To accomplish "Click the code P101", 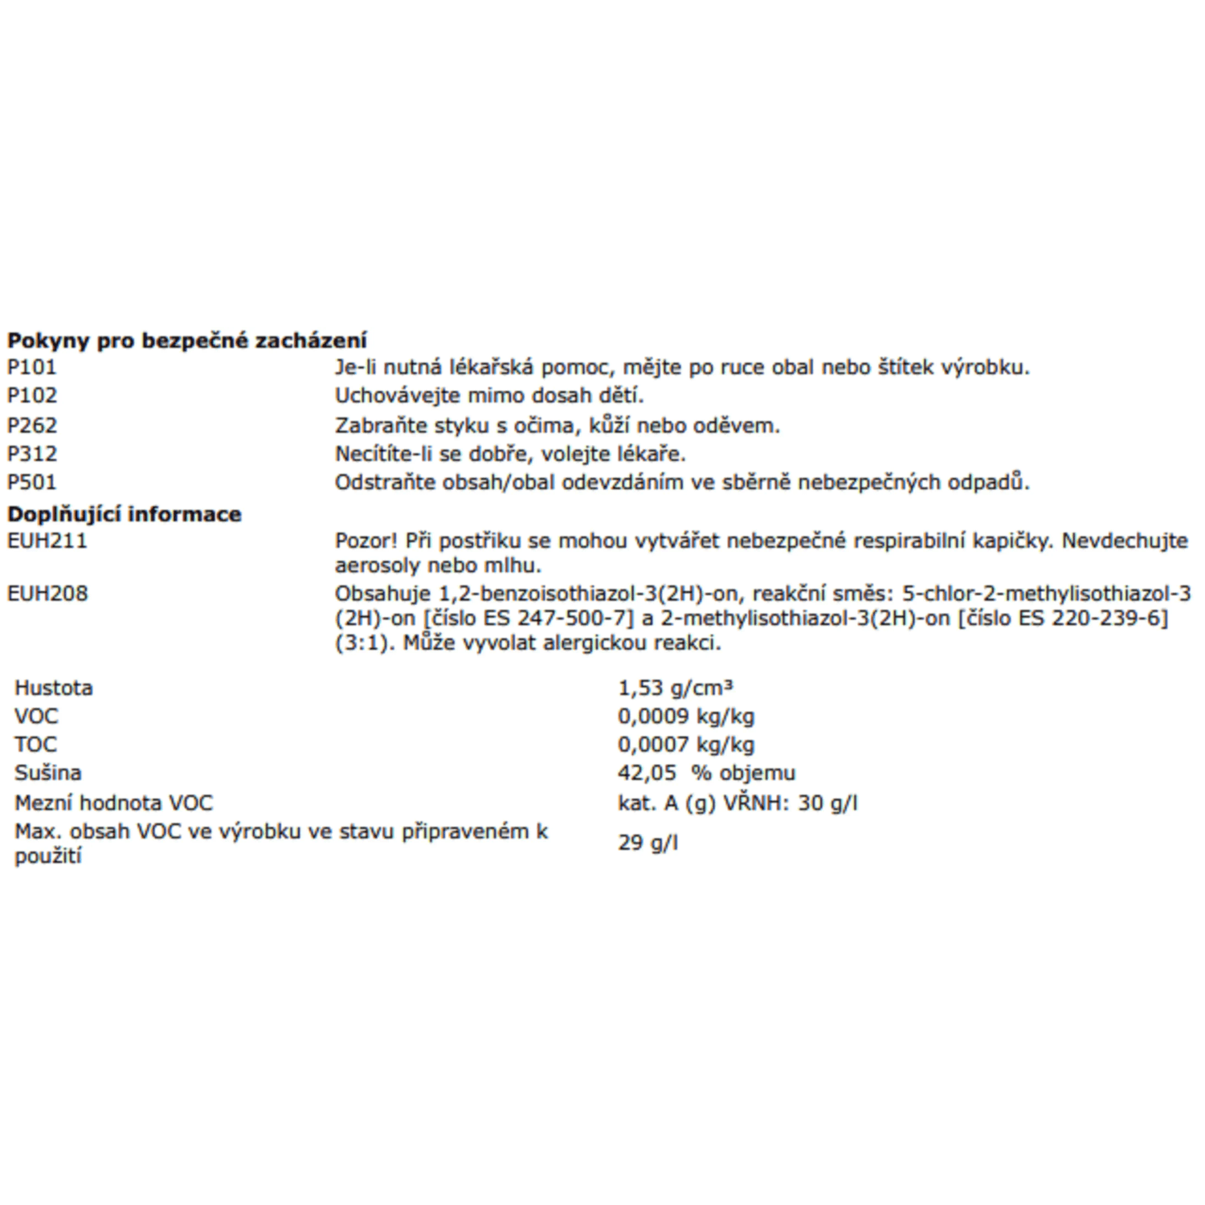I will pyautogui.click(x=32, y=367).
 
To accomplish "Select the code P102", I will pyautogui.click(x=32, y=395).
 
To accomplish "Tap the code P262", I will pyautogui.click(x=32, y=425).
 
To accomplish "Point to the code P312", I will pyautogui.click(x=32, y=454).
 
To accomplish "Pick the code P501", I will pyautogui.click(x=32, y=482).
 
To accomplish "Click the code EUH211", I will pyautogui.click(x=47, y=541).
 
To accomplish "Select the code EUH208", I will pyautogui.click(x=47, y=594).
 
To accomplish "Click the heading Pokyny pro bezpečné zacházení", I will pyautogui.click(x=186, y=341).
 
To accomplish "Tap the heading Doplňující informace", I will pyautogui.click(x=125, y=514).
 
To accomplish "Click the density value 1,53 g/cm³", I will pyautogui.click(x=675, y=688).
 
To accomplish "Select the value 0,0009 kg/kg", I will pyautogui.click(x=685, y=716).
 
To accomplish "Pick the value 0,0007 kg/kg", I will pyautogui.click(x=685, y=744).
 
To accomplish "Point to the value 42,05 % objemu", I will pyautogui.click(x=706, y=773).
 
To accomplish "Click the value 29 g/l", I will pyautogui.click(x=647, y=843).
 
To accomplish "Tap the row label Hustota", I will pyautogui.click(x=53, y=688).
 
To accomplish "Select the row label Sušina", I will pyautogui.click(x=47, y=773).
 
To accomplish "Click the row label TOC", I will pyautogui.click(x=35, y=744).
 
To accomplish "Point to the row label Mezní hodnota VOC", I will pyautogui.click(x=113, y=803).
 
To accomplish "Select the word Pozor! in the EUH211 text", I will pyautogui.click(x=366, y=541).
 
